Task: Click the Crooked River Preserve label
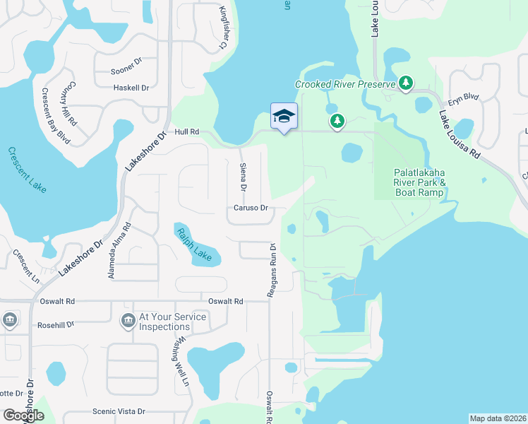pyautogui.click(x=344, y=84)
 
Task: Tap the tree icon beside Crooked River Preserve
pyautogui.click(x=406, y=83)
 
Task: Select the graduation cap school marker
pyautogui.click(x=284, y=117)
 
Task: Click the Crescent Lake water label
pyautogui.click(x=28, y=170)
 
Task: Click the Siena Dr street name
pyautogui.click(x=241, y=175)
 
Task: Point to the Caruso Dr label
pyautogui.click(x=251, y=208)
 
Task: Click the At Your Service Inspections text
pyautogui.click(x=173, y=322)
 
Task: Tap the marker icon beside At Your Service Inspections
pyautogui.click(x=128, y=322)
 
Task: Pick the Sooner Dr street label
pyautogui.click(x=127, y=71)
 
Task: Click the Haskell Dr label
pyautogui.click(x=131, y=88)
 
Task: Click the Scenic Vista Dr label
pyautogui.click(x=119, y=411)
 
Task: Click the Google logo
pyautogui.click(x=23, y=416)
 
